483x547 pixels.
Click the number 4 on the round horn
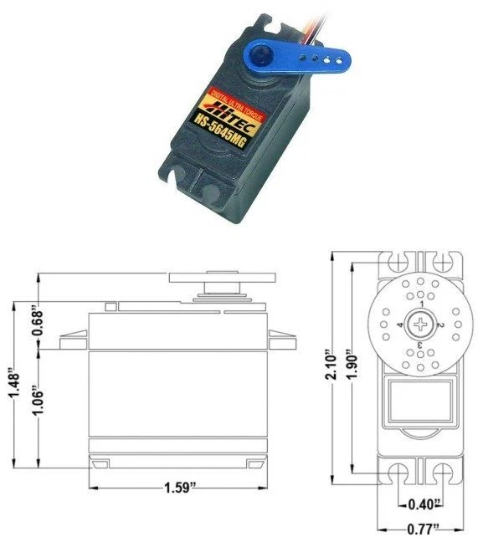pyautogui.click(x=402, y=324)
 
